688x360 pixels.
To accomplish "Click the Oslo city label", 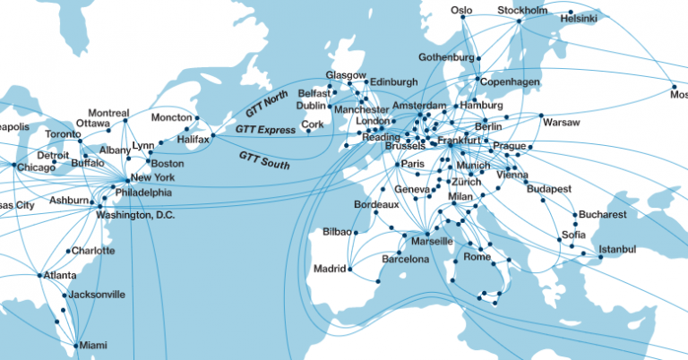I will [460, 11].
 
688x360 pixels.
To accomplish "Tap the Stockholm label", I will [522, 11].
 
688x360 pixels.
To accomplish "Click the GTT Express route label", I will [265, 130].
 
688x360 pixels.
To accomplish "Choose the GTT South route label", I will [263, 159].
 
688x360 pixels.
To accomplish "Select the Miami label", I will [92, 345].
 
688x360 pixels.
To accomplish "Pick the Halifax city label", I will [193, 140].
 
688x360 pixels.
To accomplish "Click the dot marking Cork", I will [308, 132].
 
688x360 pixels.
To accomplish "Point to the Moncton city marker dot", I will [197, 117].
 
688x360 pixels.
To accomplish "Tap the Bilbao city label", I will [338, 233].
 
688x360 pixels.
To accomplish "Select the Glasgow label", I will [346, 74].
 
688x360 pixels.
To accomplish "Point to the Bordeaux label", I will [376, 205].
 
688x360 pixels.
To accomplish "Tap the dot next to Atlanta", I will [39, 275].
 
